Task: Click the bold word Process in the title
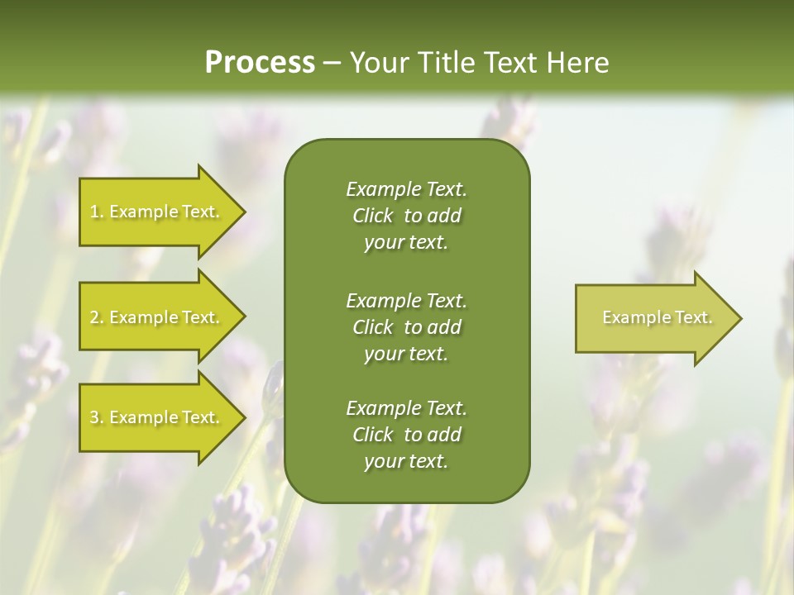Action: (260, 63)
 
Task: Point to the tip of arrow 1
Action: (243, 212)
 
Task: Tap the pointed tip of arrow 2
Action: (243, 317)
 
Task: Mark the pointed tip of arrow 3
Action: (243, 417)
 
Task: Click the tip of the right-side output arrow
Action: (739, 318)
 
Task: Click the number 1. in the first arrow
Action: (97, 212)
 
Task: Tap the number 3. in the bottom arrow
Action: (97, 418)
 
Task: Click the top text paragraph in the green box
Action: (406, 216)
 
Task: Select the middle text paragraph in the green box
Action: (406, 327)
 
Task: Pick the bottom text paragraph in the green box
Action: (406, 435)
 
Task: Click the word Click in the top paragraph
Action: (372, 216)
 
